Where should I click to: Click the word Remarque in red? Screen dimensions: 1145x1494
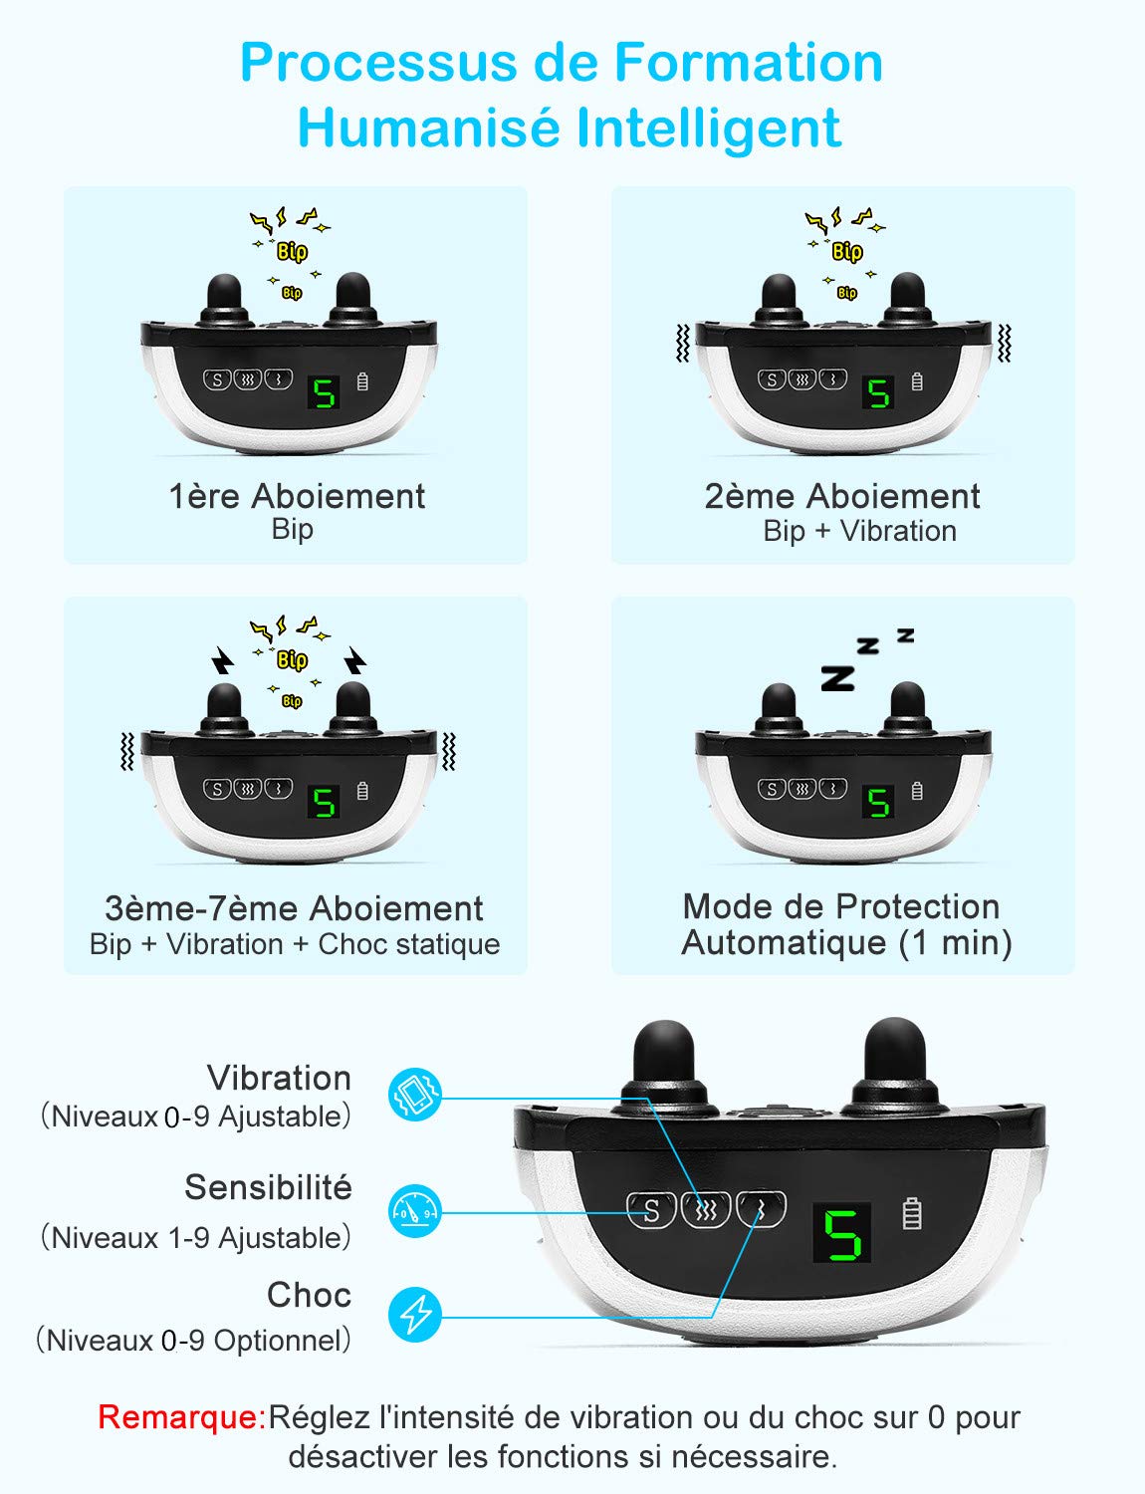[181, 1417]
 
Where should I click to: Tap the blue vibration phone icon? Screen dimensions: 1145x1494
[414, 1094]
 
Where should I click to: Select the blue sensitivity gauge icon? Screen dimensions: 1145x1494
[414, 1211]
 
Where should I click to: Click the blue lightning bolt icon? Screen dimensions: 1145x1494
[414, 1315]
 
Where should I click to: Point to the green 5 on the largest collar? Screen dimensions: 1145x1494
[842, 1235]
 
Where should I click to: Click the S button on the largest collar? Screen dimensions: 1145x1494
[651, 1211]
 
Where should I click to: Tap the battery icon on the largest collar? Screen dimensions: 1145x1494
[911, 1213]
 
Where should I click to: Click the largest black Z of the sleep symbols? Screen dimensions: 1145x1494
[838, 678]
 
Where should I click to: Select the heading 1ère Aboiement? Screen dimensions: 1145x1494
[297, 496]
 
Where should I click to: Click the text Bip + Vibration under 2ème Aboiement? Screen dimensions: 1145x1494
[860, 531]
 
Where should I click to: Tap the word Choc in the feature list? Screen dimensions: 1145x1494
[309, 1295]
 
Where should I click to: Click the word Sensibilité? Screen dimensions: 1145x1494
[268, 1187]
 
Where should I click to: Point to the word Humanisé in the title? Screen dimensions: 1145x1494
[429, 127]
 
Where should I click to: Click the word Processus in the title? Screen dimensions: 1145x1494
[378, 63]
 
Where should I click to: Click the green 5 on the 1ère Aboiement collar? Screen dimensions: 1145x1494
[324, 393]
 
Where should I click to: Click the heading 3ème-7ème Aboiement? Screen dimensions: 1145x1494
[294, 908]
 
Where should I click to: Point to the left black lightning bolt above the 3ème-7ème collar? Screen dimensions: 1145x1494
[222, 660]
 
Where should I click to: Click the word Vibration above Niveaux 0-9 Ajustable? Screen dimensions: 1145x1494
[279, 1078]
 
